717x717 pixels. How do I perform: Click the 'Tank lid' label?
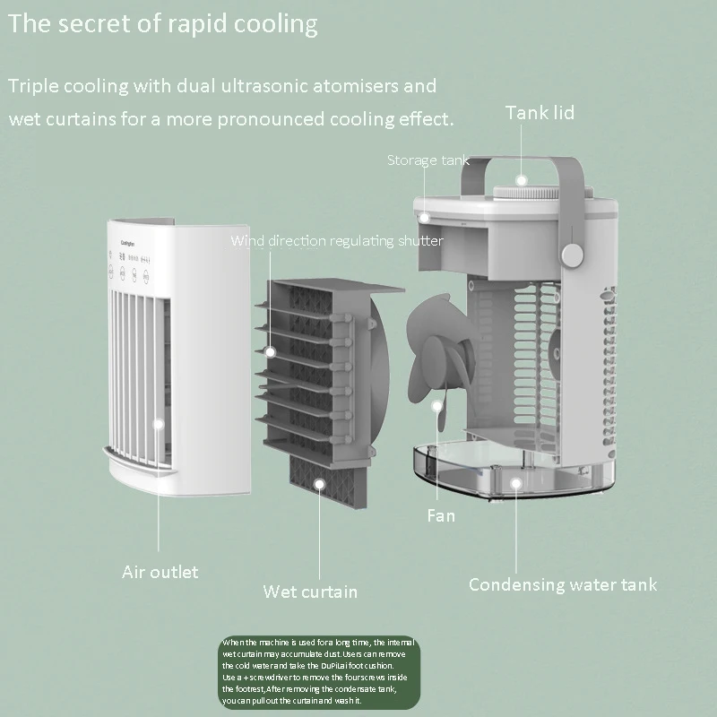pyautogui.click(x=540, y=113)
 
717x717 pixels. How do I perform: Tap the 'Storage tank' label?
pyautogui.click(x=428, y=160)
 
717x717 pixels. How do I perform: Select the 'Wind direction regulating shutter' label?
pyautogui.click(x=336, y=240)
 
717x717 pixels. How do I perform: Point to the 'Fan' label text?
pyautogui.click(x=440, y=515)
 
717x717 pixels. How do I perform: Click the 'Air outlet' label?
pyautogui.click(x=160, y=572)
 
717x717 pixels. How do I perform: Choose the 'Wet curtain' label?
pyautogui.click(x=310, y=592)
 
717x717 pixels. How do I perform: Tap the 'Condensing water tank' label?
pyautogui.click(x=562, y=585)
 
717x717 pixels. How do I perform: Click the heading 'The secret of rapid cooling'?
pyautogui.click(x=163, y=23)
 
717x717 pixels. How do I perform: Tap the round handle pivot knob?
pyautogui.click(x=571, y=255)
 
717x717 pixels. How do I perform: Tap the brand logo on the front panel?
pyautogui.click(x=129, y=243)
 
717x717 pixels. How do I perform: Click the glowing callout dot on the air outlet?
pyautogui.click(x=160, y=428)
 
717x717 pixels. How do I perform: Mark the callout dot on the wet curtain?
pyautogui.click(x=319, y=484)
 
